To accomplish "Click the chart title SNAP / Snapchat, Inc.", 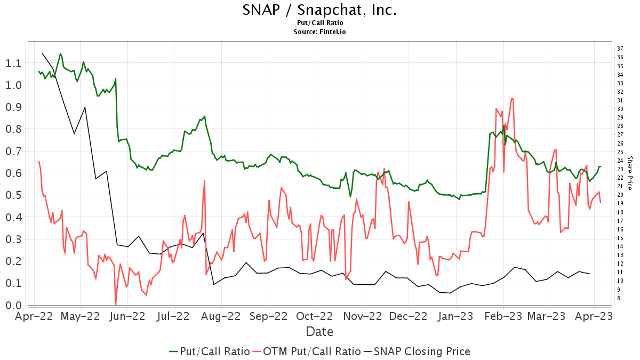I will tap(319, 10).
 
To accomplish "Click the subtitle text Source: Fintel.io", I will tap(319, 32).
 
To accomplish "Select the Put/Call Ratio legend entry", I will tap(210, 351).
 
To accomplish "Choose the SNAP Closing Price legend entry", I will tap(417, 351).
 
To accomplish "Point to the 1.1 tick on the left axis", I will tap(14, 63).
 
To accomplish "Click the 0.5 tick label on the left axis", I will tap(14, 195).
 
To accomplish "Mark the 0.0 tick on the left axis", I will tap(14, 306).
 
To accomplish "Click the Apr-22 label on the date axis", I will tap(34, 316).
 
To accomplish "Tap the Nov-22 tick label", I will tap(363, 316).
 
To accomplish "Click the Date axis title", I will tap(319, 332).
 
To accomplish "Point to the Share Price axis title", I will tap(630, 173).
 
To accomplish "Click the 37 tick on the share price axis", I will tap(620, 49).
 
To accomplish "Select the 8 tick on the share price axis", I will tap(619, 298).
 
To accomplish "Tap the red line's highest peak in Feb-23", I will tap(512, 99).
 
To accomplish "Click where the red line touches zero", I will tap(116, 305).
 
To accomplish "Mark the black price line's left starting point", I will tap(42, 53).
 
